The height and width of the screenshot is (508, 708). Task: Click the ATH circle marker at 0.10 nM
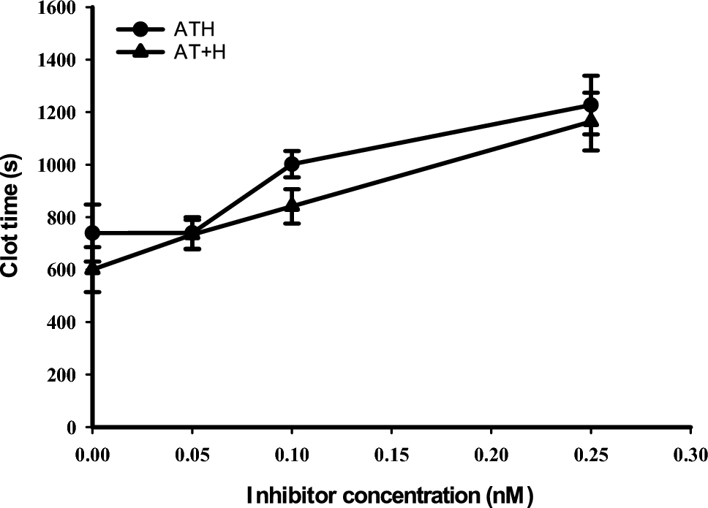293,164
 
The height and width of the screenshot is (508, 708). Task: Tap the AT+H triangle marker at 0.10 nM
293,205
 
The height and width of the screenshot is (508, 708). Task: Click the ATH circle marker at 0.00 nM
92,232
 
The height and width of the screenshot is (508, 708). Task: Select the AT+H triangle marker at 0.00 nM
92,268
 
